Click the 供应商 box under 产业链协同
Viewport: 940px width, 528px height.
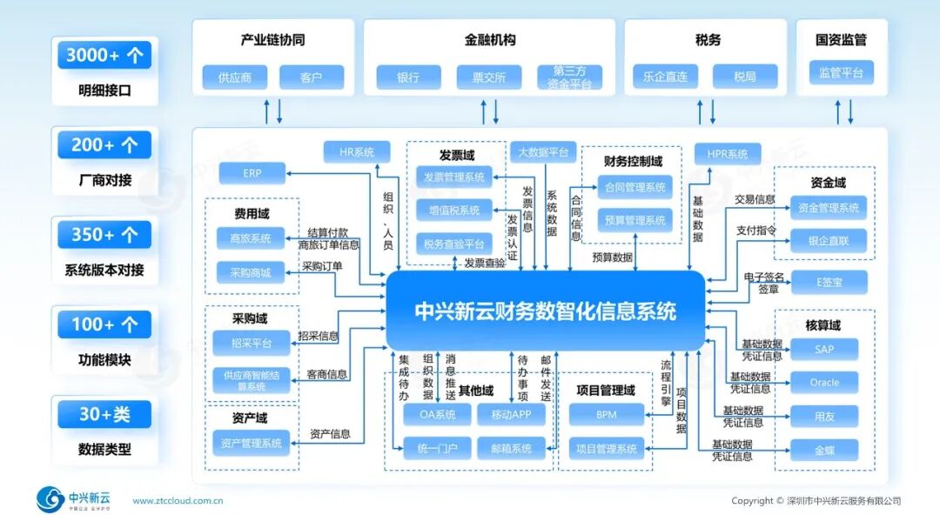point(235,77)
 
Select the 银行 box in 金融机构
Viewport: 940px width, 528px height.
point(408,77)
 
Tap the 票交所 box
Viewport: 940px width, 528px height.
point(488,77)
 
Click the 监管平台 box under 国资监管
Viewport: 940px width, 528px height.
point(841,73)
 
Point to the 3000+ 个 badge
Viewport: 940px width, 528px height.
point(104,56)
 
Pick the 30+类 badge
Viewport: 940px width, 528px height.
point(104,414)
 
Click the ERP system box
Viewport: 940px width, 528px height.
point(252,173)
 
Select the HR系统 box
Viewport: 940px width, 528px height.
point(357,152)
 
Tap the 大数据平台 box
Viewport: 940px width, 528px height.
point(543,152)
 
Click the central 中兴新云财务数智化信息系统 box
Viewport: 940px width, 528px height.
point(545,311)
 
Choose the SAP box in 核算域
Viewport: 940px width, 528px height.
point(824,349)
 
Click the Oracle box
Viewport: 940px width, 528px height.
point(824,383)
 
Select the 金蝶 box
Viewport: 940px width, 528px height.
point(824,450)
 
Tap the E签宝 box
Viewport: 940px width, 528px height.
point(829,282)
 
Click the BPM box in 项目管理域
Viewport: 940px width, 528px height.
point(607,415)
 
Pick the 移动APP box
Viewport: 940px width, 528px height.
point(511,415)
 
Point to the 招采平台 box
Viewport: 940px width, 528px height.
point(251,344)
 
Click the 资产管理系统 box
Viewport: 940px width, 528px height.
point(251,444)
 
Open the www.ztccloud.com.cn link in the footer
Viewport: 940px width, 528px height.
point(178,501)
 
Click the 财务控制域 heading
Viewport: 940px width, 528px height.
point(633,161)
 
